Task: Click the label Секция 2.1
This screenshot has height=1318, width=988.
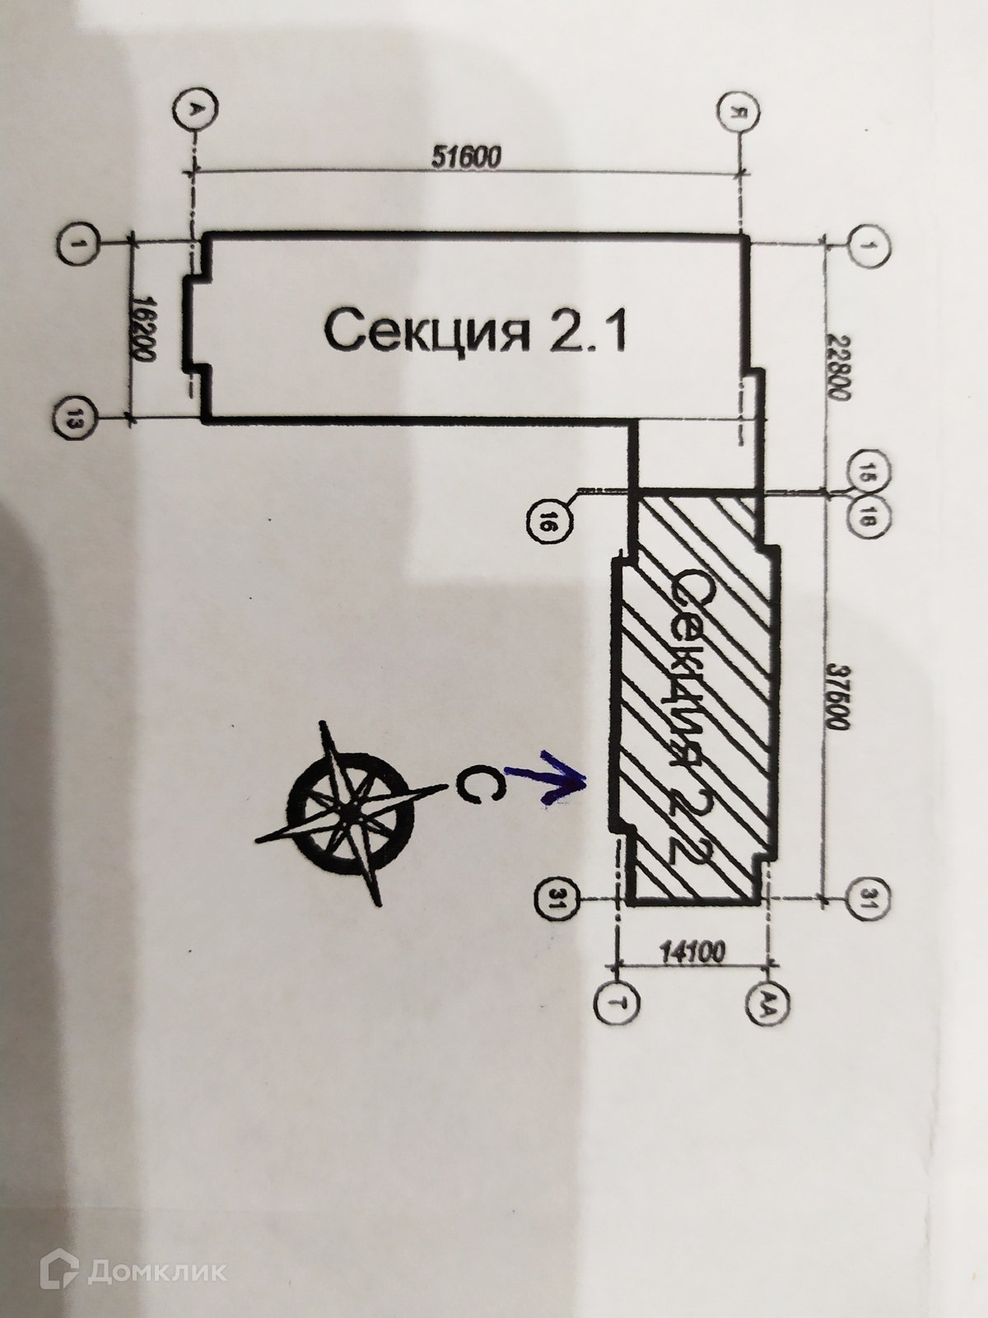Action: tap(475, 330)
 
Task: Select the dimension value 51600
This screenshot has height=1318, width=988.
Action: tap(467, 157)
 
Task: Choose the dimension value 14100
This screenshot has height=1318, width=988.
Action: tap(691, 954)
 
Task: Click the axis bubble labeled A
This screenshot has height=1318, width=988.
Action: tap(195, 110)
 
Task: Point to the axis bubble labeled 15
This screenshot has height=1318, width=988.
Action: tap(864, 471)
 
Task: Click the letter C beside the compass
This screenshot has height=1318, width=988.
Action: tap(470, 785)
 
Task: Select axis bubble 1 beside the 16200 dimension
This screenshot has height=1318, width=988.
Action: tap(79, 245)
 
